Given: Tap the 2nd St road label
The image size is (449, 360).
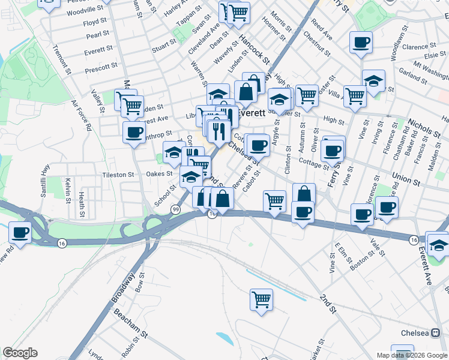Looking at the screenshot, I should (x=327, y=303).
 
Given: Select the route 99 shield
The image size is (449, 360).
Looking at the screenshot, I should (x=175, y=209).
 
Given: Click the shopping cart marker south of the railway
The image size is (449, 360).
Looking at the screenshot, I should (x=261, y=299).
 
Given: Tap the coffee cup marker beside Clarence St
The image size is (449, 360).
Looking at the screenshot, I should (x=361, y=43).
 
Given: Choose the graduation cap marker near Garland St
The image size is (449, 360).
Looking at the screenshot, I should (x=373, y=81).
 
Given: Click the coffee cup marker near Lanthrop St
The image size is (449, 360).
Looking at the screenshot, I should (x=134, y=131).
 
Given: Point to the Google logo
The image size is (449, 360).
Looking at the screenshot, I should (x=20, y=353).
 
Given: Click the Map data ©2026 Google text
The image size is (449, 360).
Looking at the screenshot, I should (x=411, y=355).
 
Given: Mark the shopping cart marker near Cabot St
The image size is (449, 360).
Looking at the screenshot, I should (x=274, y=200).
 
